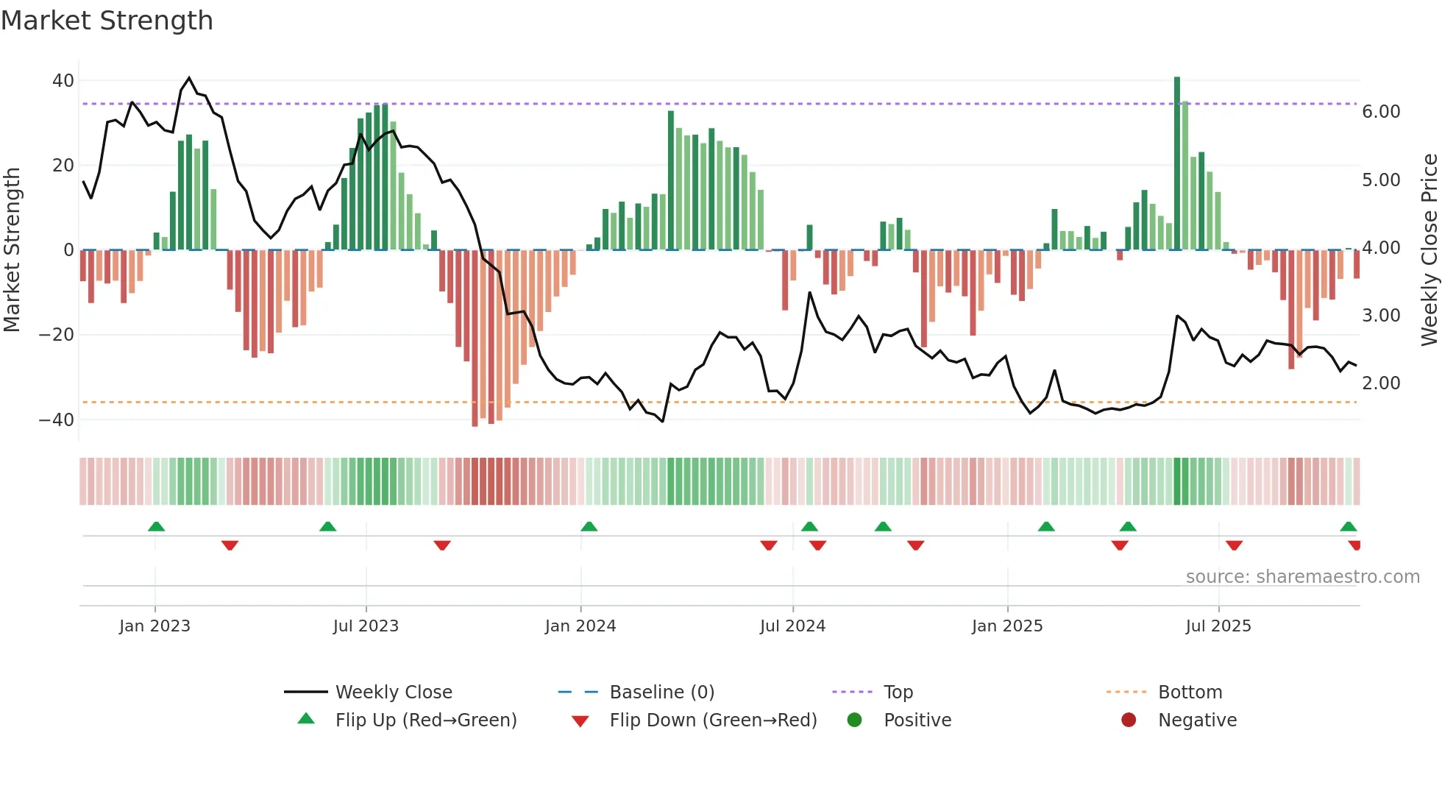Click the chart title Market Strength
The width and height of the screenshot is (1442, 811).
click(x=107, y=21)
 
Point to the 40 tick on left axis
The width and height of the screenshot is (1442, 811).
click(x=63, y=81)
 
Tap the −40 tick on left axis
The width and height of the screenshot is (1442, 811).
click(x=57, y=420)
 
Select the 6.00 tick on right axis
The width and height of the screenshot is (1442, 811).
click(x=1381, y=112)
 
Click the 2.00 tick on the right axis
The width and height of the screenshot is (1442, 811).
click(x=1381, y=383)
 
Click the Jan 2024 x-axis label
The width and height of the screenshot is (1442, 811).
click(x=580, y=626)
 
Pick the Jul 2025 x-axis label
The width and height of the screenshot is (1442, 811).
click(x=1218, y=626)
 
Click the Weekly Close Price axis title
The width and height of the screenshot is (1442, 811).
click(x=1429, y=250)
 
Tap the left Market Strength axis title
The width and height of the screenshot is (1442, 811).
click(x=12, y=250)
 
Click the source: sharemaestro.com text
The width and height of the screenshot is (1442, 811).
click(x=1302, y=577)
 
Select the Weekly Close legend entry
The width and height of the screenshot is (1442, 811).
click(x=394, y=693)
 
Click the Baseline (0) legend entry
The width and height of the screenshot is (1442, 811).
click(x=661, y=693)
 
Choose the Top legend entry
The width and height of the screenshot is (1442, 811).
click(x=898, y=693)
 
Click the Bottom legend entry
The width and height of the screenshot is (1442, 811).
click(x=1190, y=693)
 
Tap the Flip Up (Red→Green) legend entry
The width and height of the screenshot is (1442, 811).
click(x=425, y=720)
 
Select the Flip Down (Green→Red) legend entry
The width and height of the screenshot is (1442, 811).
click(x=713, y=720)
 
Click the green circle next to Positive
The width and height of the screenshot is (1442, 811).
click(x=854, y=720)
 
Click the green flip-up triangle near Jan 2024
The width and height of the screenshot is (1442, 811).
click(x=589, y=526)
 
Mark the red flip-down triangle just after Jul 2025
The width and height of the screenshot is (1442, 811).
click(x=1234, y=545)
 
